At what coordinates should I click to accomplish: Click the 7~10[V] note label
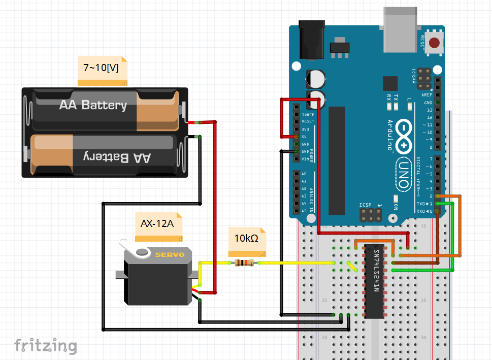[101, 68]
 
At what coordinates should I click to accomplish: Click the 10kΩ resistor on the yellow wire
[246, 263]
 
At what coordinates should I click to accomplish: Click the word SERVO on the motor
[170, 255]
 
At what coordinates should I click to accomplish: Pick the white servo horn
[136, 248]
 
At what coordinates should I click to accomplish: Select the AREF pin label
[427, 95]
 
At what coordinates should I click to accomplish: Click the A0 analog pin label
[304, 174]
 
